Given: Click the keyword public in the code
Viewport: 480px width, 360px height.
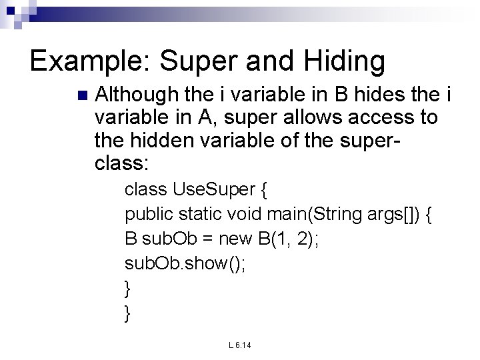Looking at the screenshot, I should pyautogui.click(x=150, y=216).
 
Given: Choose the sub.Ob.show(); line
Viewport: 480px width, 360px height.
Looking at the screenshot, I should pyautogui.click(x=185, y=263).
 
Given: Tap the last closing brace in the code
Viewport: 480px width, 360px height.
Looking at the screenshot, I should pyautogui.click(x=128, y=311).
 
